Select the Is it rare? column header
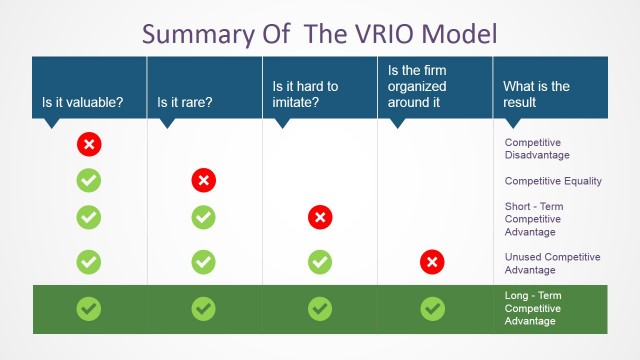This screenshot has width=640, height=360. pyautogui.click(x=185, y=102)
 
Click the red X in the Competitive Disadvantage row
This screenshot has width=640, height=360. pyautogui.click(x=89, y=145)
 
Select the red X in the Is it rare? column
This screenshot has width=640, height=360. pyautogui.click(x=203, y=181)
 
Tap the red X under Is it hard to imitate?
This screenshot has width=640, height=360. pyautogui.click(x=320, y=217)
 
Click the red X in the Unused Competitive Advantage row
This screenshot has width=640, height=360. pyautogui.click(x=432, y=262)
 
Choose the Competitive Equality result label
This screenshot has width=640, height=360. pyautogui.click(x=553, y=181)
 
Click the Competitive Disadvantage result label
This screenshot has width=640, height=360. pyautogui.click(x=537, y=149)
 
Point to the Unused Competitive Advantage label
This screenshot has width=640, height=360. pyautogui.click(x=552, y=263)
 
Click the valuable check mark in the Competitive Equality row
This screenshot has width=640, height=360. pyautogui.click(x=89, y=181)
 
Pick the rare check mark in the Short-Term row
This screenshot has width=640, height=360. pyautogui.click(x=203, y=217)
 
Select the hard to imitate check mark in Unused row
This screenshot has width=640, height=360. pyautogui.click(x=320, y=262)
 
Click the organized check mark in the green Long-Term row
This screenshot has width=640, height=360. pyautogui.click(x=432, y=309)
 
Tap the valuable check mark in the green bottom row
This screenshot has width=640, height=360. pyautogui.click(x=89, y=309)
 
